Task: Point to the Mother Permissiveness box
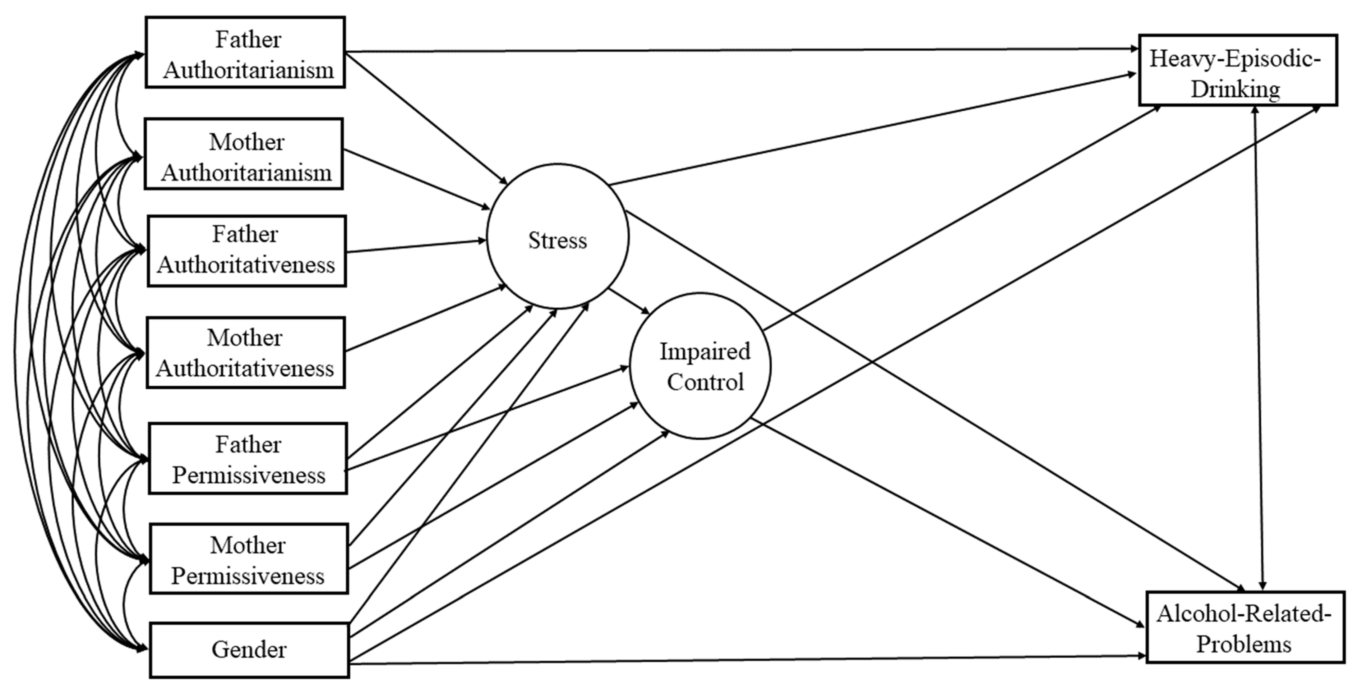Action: pyautogui.click(x=249, y=559)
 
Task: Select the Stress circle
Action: pyautogui.click(x=557, y=236)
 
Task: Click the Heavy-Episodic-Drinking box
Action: pyautogui.click(x=1238, y=70)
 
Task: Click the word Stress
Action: pyautogui.click(x=557, y=240)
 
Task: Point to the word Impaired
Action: pyautogui.click(x=705, y=351)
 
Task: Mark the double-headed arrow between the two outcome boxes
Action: pyautogui.click(x=1259, y=348)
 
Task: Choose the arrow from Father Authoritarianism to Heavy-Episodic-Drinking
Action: pyautogui.click(x=738, y=50)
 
